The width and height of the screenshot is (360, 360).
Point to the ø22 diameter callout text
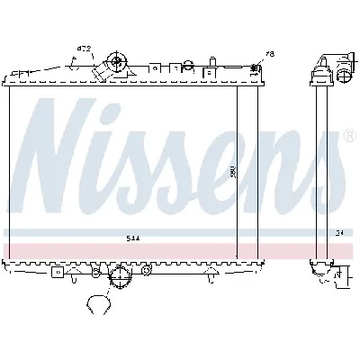pos(83,49)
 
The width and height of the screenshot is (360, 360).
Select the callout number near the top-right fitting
pos(269,54)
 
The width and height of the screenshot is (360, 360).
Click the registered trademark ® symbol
pos(348,137)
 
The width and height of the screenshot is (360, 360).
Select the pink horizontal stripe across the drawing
pos(180,248)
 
